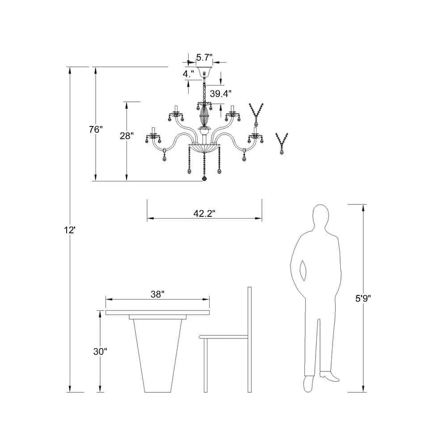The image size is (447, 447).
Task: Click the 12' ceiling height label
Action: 69,230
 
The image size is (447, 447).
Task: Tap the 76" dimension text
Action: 96,130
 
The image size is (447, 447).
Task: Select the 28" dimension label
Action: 127,136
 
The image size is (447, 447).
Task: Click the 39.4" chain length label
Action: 221,93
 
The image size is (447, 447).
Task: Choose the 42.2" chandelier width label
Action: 204,214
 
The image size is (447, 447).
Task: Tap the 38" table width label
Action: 158,294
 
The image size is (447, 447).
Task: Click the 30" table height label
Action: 100,351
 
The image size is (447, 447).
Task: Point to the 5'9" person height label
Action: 363,298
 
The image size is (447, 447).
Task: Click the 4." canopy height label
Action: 188,74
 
